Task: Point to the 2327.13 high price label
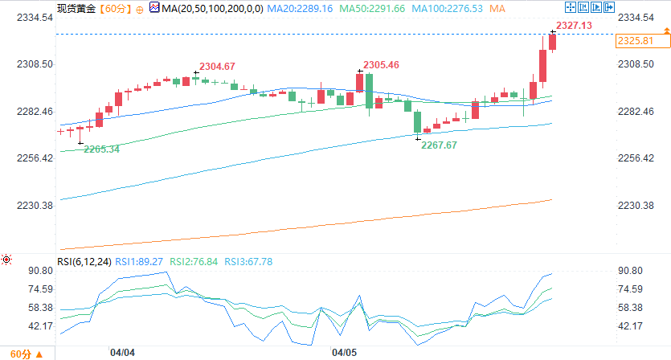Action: point(574,26)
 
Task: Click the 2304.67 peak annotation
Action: point(217,66)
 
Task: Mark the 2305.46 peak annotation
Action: point(382,64)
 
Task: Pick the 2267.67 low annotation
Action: point(440,145)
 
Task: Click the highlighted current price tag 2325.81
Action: point(634,40)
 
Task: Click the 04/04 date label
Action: point(122,352)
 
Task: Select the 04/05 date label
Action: point(343,352)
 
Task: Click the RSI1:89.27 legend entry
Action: point(141,261)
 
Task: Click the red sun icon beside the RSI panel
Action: point(6,260)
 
